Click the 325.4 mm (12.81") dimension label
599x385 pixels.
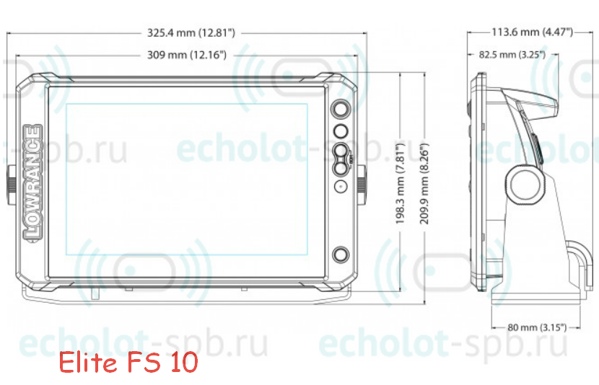point(191,33)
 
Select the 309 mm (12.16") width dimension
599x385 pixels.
point(187,55)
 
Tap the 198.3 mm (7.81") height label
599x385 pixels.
point(400,184)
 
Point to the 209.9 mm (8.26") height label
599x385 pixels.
point(425,184)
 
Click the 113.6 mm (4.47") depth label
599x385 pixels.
point(532,32)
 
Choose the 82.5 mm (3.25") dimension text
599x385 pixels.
point(512,55)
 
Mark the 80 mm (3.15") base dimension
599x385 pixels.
point(537,327)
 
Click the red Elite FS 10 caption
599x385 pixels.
point(128,362)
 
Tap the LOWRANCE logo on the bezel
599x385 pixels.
point(32,182)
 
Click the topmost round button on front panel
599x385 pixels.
point(341,109)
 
